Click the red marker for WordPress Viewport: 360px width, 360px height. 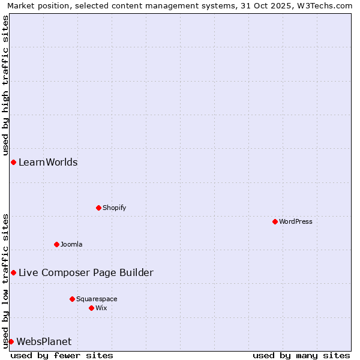(275, 221)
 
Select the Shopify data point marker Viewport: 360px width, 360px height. (98, 208)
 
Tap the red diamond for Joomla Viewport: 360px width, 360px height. (56, 244)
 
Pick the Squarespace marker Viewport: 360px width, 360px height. (72, 299)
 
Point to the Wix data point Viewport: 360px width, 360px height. (91, 308)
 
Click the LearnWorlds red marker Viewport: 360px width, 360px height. (13, 162)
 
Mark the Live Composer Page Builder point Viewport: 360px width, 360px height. (13, 272)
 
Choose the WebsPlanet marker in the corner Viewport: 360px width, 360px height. (11, 341)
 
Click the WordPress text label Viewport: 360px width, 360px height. (296, 221)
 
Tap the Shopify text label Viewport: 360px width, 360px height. (114, 208)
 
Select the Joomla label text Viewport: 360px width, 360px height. (71, 244)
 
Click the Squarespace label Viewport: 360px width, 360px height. (97, 299)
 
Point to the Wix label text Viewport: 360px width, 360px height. (101, 308)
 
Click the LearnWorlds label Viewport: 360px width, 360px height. (48, 162)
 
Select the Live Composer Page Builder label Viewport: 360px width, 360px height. (86, 272)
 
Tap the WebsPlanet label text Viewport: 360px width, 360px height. (44, 341)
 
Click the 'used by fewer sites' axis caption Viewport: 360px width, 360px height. (62, 355)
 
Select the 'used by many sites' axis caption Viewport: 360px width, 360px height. (301, 355)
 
